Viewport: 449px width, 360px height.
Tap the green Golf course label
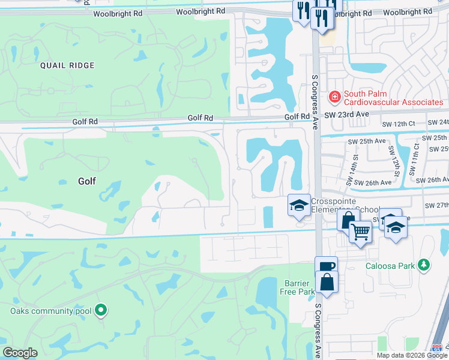(86, 181)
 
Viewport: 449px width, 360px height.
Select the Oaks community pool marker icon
(101, 310)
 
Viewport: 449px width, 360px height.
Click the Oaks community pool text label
(50, 311)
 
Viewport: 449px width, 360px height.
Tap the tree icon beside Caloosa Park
(424, 265)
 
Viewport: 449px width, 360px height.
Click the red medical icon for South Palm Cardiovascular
(333, 96)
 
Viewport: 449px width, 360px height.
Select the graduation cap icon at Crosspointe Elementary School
(298, 205)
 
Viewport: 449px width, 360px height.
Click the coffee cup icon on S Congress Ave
(326, 267)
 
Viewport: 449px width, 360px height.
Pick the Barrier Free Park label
(300, 287)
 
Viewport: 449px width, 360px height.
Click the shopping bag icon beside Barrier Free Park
(327, 282)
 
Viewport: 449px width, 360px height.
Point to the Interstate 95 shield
(438, 348)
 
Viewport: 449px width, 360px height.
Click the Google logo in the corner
(20, 353)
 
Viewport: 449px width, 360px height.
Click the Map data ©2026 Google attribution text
(412, 355)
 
